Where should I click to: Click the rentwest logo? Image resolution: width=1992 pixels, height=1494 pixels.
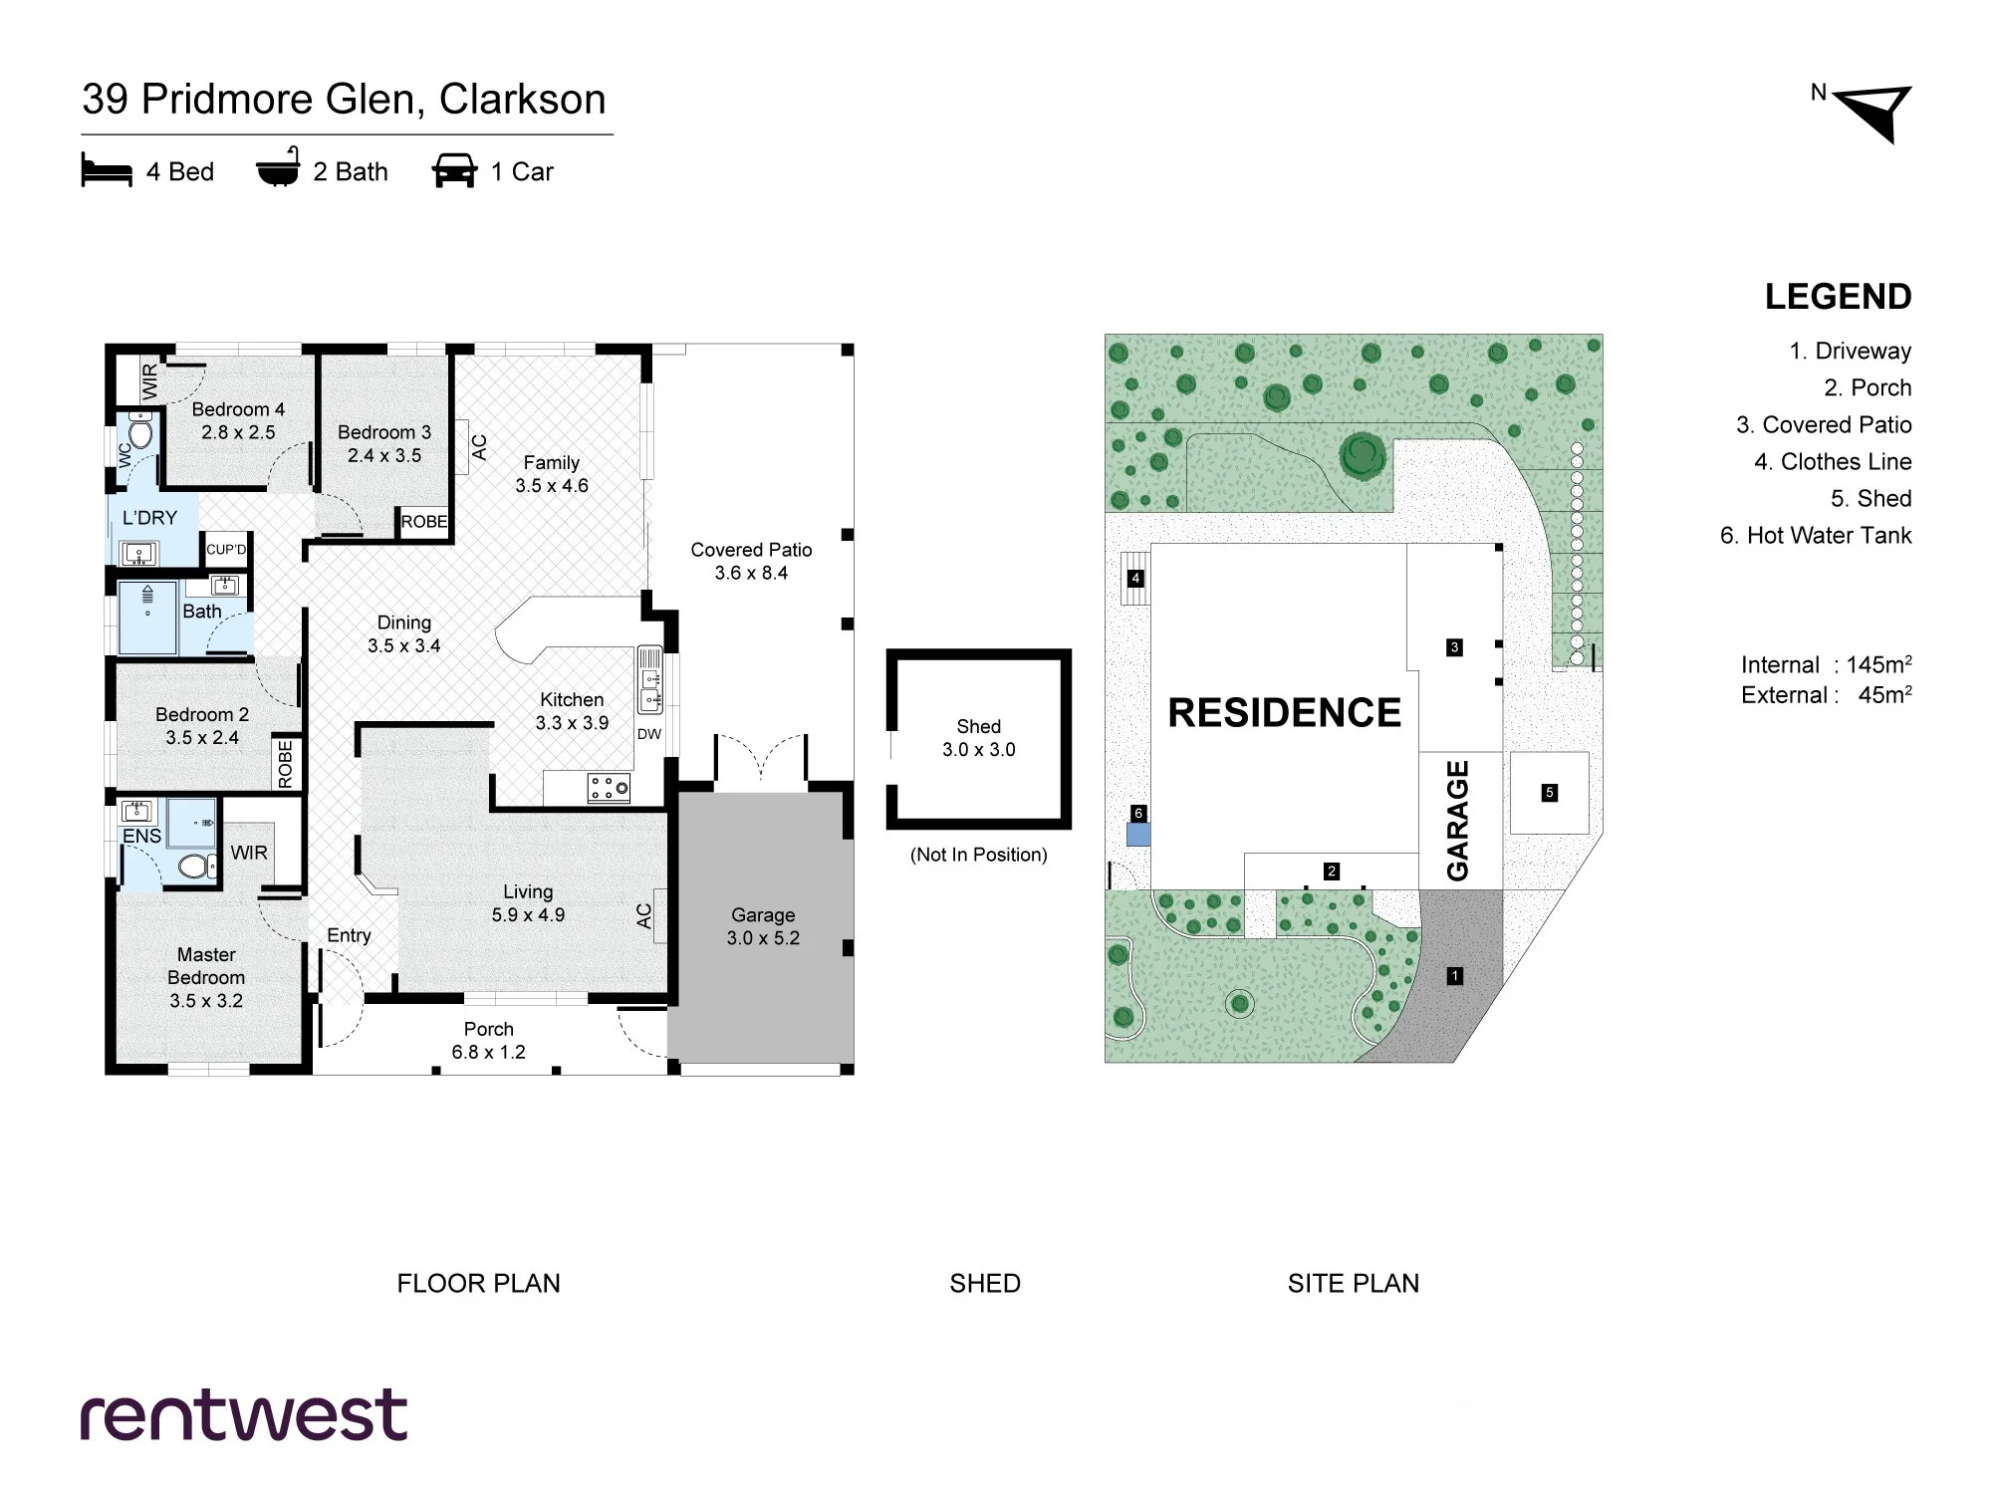point(244,1414)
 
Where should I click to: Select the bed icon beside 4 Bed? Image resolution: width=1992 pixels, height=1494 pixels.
point(107,171)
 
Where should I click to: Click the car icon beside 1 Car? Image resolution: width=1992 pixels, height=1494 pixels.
point(454,171)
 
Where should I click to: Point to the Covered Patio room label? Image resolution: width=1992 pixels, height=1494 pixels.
point(751,561)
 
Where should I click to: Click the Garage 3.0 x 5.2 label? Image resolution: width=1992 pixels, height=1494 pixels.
point(763,926)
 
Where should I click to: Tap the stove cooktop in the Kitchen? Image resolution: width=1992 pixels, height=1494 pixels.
point(609,788)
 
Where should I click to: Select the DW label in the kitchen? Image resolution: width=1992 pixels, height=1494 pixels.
point(649,734)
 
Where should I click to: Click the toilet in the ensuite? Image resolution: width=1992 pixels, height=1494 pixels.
point(197,866)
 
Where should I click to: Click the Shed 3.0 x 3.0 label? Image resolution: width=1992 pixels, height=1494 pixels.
point(978,738)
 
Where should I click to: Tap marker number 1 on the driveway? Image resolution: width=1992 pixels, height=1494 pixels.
point(1454,976)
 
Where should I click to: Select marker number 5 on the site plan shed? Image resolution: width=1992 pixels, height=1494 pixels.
point(1549,793)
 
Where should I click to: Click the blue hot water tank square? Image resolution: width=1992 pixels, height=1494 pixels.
point(1137,835)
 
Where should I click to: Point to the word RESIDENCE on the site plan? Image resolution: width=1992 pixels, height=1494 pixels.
point(1284,713)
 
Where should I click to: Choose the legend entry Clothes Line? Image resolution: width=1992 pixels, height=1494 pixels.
point(1833,461)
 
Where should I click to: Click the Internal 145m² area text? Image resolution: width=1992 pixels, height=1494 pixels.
point(1826,664)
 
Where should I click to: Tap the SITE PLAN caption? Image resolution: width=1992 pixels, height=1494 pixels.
point(1353,1283)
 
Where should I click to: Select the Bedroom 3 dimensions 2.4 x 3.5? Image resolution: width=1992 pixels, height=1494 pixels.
point(384,455)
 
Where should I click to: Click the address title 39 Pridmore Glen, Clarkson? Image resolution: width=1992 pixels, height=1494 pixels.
point(344,100)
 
